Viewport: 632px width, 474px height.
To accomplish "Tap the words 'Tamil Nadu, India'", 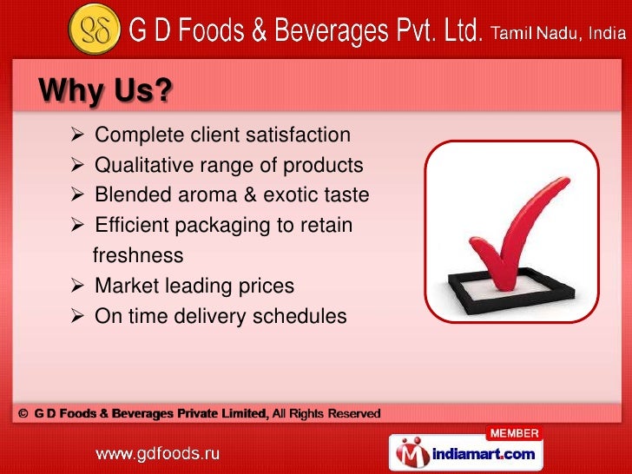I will [x=556, y=35].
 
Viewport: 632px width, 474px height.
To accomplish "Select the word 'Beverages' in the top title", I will [x=338, y=33].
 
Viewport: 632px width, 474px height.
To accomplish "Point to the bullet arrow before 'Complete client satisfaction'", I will [x=77, y=135].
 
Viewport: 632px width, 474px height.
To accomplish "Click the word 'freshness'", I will [x=137, y=256].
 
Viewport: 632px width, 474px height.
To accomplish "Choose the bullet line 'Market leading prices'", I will [x=194, y=286].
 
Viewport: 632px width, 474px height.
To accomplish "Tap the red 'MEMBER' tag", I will [x=514, y=433].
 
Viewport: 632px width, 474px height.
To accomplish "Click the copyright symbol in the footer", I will [x=23, y=414].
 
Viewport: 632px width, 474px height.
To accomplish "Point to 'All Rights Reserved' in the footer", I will [x=326, y=414].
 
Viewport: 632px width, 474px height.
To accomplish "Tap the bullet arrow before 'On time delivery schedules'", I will [x=77, y=316].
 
